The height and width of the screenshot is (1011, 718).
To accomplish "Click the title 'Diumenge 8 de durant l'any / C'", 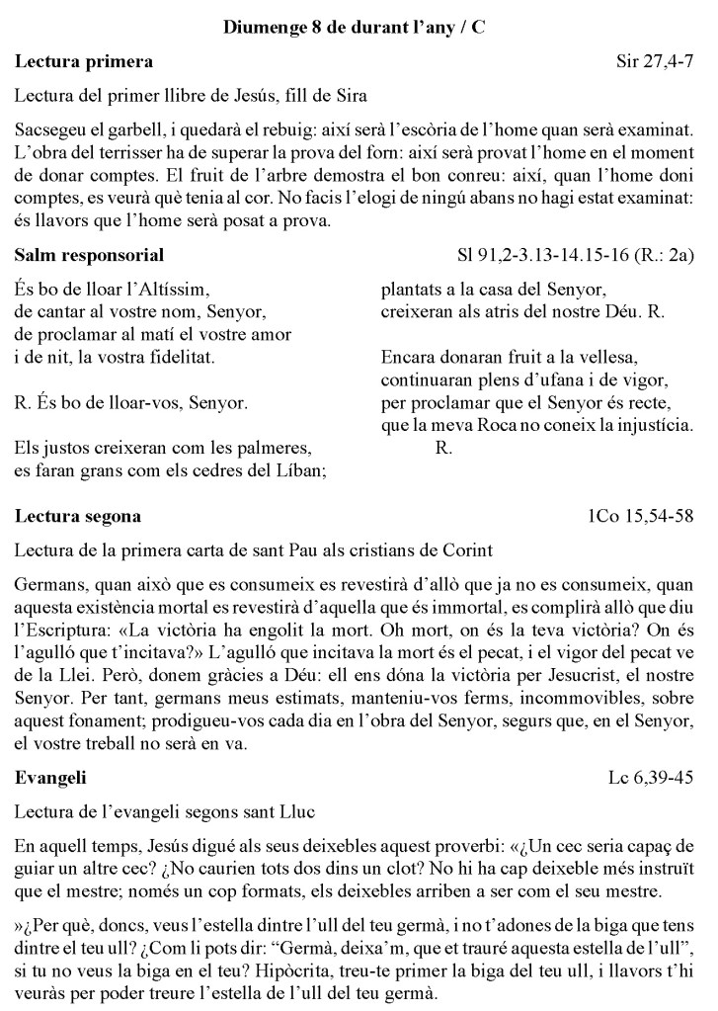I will click(359, 28).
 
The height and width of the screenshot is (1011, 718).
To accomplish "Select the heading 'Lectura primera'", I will click(84, 63).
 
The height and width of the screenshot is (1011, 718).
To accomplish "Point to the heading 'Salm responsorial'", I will click(90, 255).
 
